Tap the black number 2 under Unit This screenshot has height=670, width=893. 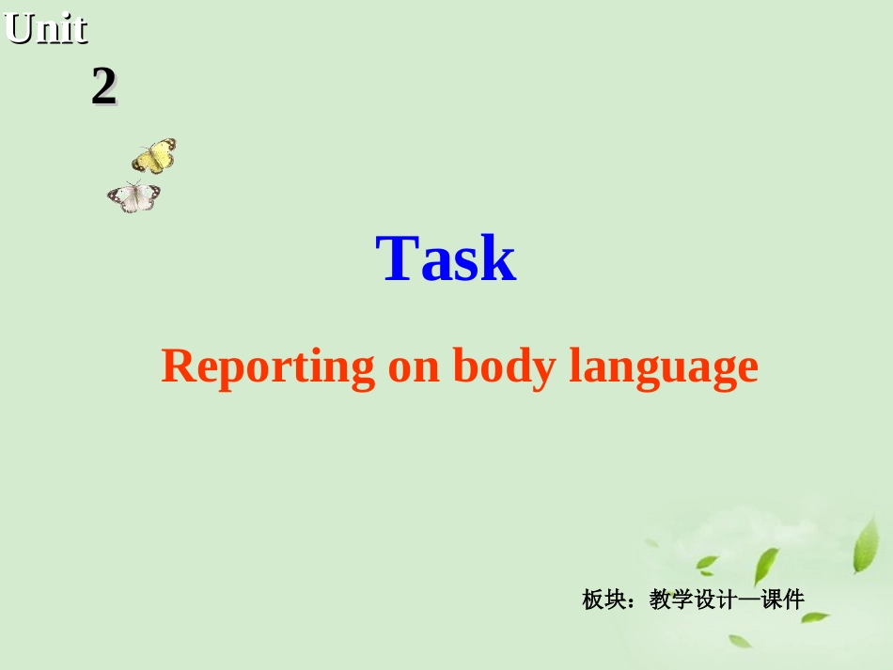[x=103, y=87]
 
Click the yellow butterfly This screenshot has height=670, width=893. [x=155, y=155]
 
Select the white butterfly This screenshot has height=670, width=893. [x=133, y=196]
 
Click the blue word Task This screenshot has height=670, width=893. [x=446, y=259]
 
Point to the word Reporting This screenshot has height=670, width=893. [x=268, y=366]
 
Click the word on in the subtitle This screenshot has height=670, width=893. [x=414, y=366]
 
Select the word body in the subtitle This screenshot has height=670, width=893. [x=504, y=366]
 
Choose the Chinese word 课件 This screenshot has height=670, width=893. [x=783, y=599]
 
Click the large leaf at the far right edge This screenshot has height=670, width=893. [x=865, y=545]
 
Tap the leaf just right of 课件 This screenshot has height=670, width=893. [x=814, y=617]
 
